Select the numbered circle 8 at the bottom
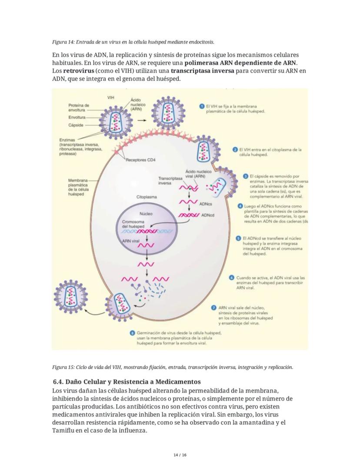(132, 333)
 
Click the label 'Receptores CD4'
(140, 160)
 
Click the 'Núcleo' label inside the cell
(146, 214)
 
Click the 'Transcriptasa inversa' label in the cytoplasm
(170, 181)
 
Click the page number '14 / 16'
(180, 455)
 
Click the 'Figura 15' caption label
(64, 367)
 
